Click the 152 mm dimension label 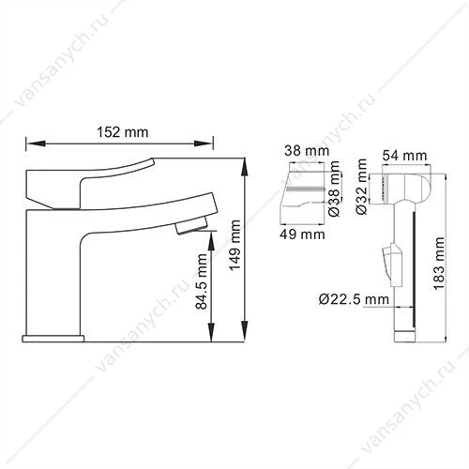[123, 132]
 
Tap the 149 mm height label [234, 245]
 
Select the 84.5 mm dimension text [202, 281]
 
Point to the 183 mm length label [438, 264]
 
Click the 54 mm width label [404, 156]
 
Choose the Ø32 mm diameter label [361, 187]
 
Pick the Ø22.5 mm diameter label [354, 299]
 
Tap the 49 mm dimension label [302, 234]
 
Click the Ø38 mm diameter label [334, 189]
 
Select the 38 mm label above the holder [307, 151]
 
